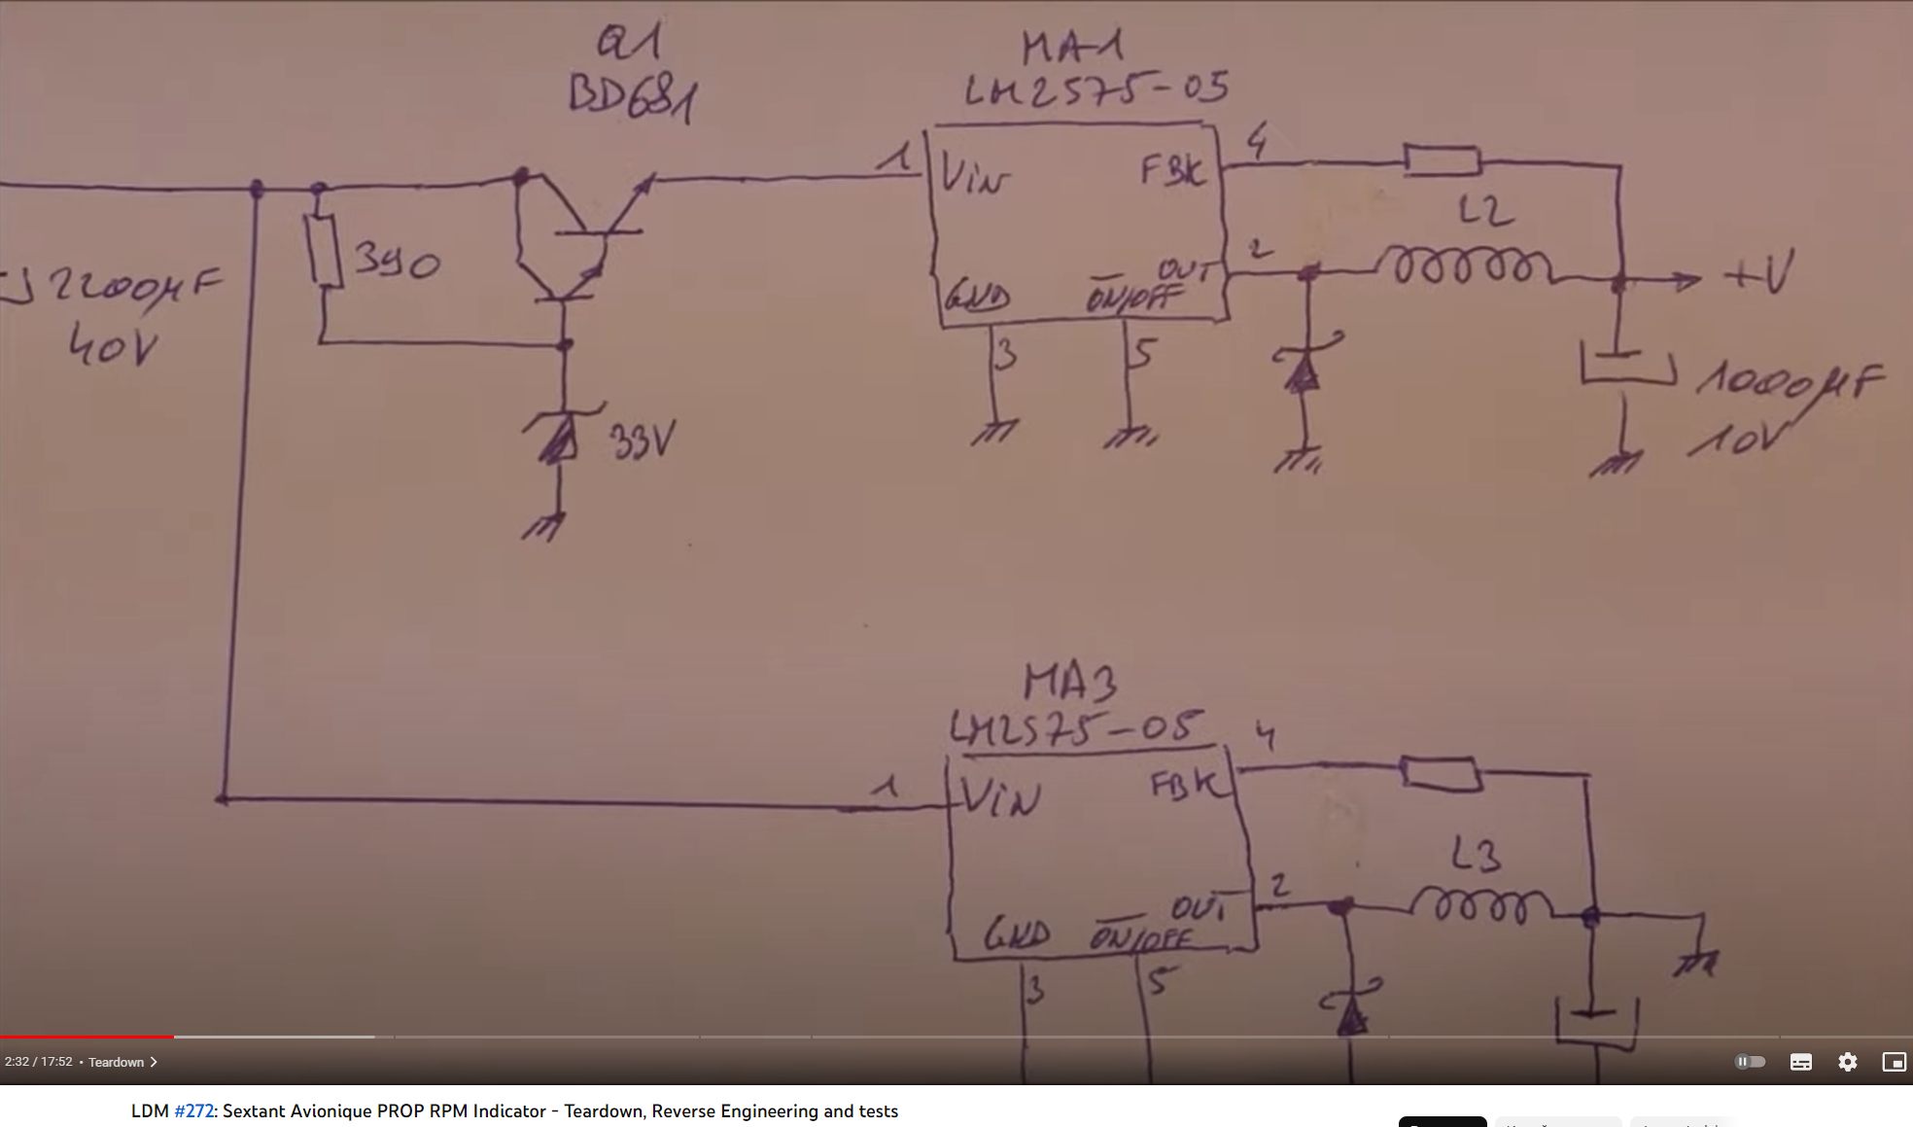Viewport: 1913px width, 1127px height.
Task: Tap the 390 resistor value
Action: pos(397,261)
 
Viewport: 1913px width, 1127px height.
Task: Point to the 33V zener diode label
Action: pos(642,441)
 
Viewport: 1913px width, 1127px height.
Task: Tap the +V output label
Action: pos(1759,275)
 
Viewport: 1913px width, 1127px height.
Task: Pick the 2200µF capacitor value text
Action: pos(136,286)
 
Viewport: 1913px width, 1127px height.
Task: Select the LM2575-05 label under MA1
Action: pos(1096,90)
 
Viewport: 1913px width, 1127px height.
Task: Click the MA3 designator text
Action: pos(1069,682)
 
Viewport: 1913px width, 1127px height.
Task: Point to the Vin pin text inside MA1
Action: pos(974,177)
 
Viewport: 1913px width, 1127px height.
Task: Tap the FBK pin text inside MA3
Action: pos(1183,783)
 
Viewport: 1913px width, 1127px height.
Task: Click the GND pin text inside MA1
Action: pos(978,297)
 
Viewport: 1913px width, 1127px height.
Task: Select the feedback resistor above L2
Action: pos(1442,159)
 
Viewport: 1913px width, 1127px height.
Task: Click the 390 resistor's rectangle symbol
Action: pos(324,250)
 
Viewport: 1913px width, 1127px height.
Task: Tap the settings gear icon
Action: pos(1847,1062)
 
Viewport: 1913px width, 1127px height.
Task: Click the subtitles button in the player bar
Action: pos(1800,1062)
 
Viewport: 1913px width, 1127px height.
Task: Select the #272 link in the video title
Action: pos(193,1110)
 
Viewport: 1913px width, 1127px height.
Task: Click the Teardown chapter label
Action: pos(116,1062)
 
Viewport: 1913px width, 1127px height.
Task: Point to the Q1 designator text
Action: pos(628,43)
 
